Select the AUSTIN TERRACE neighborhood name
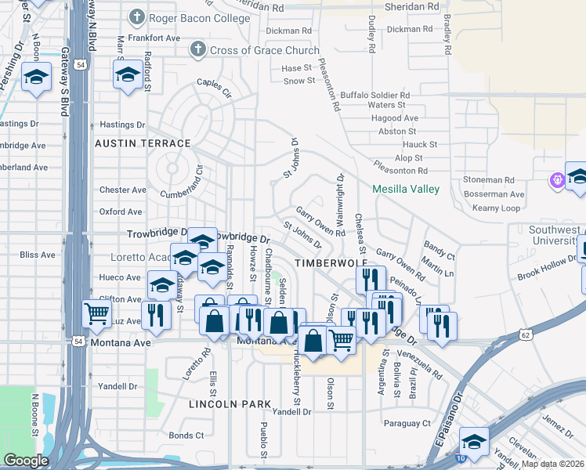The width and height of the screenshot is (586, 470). pos(143,143)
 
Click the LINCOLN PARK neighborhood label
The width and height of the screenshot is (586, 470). pos(230,404)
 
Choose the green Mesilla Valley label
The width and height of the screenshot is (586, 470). pos(405,189)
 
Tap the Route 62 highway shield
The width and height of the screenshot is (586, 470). pos(525,334)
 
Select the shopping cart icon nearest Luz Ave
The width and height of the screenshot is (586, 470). pos(97,313)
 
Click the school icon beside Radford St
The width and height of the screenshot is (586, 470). pos(128,74)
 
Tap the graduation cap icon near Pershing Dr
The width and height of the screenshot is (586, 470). pos(36,77)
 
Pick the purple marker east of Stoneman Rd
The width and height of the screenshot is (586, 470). pos(558,179)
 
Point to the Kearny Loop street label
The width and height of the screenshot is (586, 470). pos(497,208)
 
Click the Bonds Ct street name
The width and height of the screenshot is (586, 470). pos(186,436)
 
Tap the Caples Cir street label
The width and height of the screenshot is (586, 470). pos(214,82)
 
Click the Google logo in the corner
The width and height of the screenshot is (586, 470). pos(26,461)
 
